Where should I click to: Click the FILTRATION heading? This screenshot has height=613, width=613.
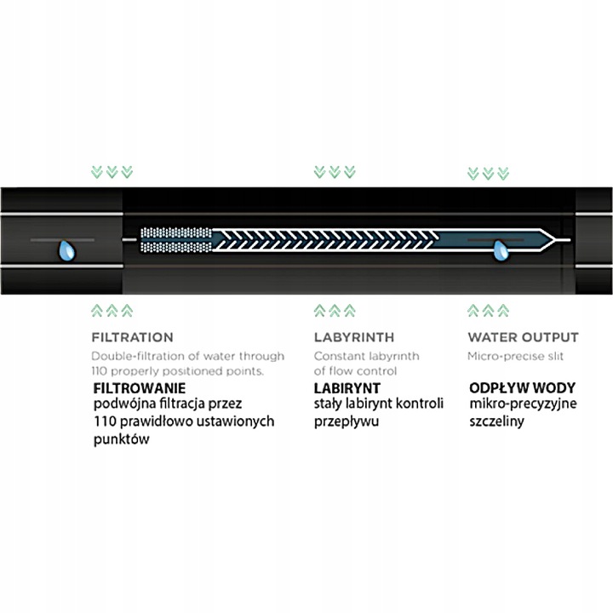[x=132, y=337]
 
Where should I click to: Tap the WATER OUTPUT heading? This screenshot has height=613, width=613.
[x=523, y=337]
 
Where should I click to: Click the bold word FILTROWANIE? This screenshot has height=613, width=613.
[x=138, y=387]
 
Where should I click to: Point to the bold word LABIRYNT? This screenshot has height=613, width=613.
[x=347, y=387]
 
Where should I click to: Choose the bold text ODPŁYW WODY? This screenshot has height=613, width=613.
[x=516, y=387]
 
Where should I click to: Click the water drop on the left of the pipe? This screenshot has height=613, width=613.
[x=65, y=249]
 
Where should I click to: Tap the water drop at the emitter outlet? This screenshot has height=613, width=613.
[x=501, y=249]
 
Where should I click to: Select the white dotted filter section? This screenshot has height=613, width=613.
[x=175, y=241]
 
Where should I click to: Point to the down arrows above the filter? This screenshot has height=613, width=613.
[x=111, y=172]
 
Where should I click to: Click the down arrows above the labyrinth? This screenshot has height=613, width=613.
[x=333, y=172]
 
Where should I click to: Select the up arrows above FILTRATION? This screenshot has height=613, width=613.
[x=111, y=310]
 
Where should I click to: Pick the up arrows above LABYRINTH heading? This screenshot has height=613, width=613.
[x=333, y=310]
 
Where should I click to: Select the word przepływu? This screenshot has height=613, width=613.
[x=346, y=421]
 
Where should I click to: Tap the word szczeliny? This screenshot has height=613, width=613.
[x=496, y=421]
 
